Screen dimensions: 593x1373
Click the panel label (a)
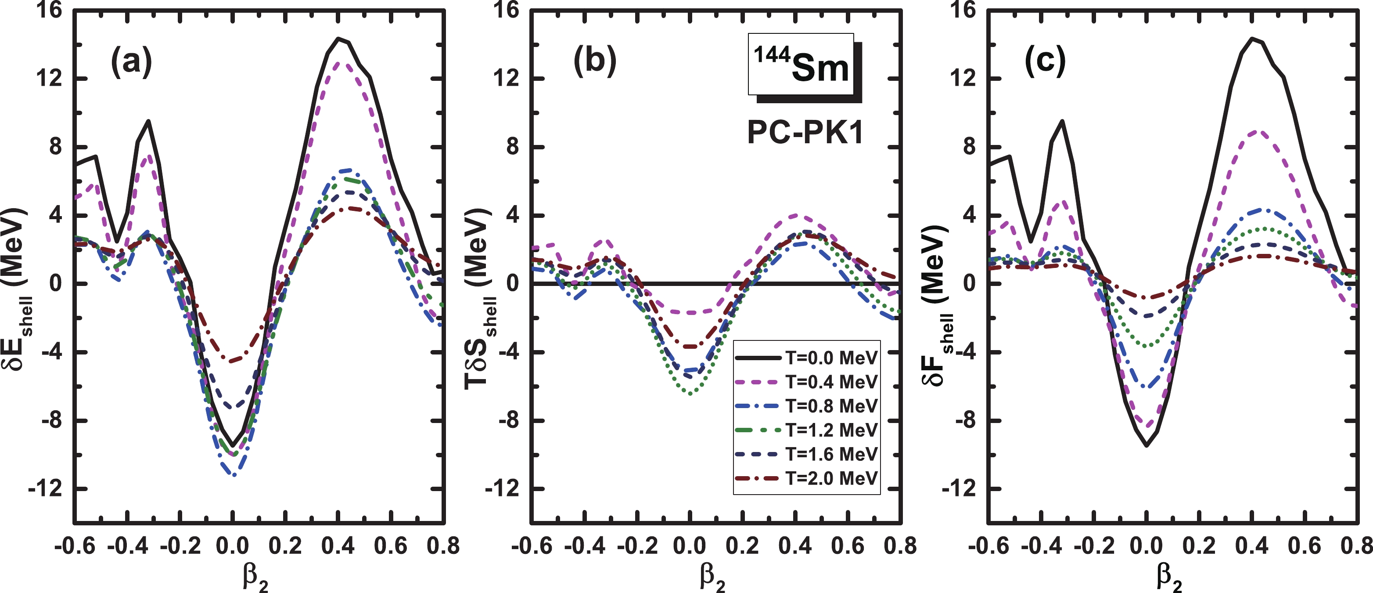click(x=131, y=62)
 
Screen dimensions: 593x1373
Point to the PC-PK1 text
click(x=805, y=132)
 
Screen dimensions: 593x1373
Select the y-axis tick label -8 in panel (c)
click(x=963, y=421)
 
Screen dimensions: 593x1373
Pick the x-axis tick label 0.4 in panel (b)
click(x=794, y=546)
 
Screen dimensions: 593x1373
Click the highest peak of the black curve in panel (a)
click(x=338, y=38)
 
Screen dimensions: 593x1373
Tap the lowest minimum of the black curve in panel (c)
click(x=1147, y=445)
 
